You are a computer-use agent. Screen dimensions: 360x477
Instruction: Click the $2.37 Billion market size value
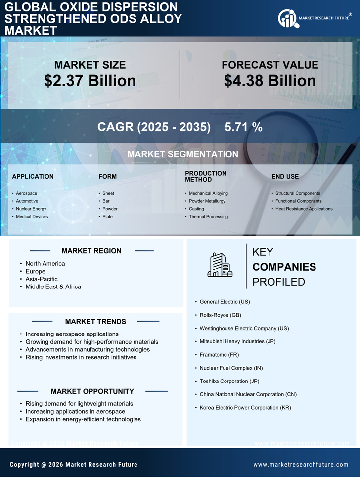tap(90, 81)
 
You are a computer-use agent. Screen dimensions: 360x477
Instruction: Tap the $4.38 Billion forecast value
tap(270, 81)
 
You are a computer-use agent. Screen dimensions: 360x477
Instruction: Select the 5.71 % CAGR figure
tap(243, 127)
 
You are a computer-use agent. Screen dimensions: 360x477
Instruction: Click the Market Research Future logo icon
tap(287, 18)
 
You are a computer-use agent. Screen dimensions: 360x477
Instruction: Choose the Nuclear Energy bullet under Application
tap(31, 209)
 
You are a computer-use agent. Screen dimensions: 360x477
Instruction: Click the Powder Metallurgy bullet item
tap(207, 201)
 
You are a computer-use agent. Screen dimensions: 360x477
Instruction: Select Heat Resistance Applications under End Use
tap(304, 209)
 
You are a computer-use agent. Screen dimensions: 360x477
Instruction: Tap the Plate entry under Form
tap(107, 217)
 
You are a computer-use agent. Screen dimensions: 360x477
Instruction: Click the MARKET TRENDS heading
tap(95, 322)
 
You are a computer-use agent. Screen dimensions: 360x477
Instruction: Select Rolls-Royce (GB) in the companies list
tap(220, 315)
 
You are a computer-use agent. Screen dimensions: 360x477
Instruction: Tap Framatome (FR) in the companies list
tap(219, 355)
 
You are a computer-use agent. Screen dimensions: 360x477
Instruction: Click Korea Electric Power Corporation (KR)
tap(245, 408)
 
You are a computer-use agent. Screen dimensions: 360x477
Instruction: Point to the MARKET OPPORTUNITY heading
tap(92, 391)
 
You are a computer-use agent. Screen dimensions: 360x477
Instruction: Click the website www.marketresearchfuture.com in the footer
tap(301, 465)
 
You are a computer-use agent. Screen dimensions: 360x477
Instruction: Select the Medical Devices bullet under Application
tap(32, 217)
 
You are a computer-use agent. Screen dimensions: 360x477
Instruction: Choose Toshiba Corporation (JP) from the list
tap(229, 381)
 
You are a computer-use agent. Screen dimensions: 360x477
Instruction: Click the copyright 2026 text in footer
tap(74, 465)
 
